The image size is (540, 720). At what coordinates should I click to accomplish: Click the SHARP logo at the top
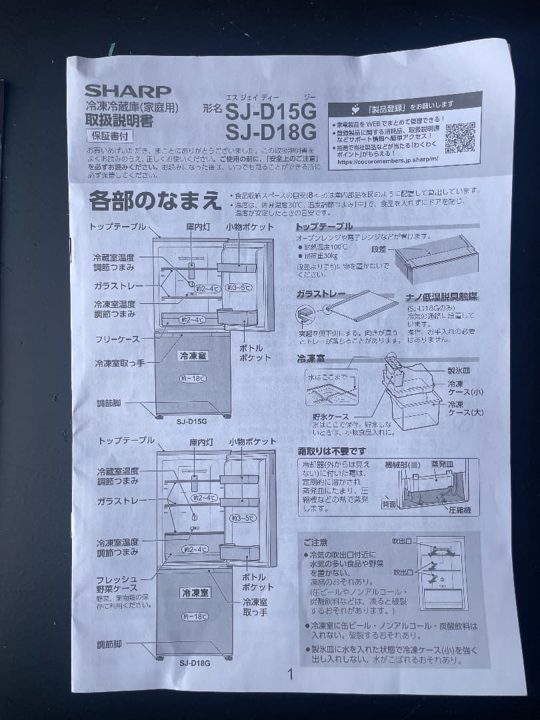[x=127, y=91]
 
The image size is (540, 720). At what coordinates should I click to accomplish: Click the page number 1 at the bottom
[x=290, y=674]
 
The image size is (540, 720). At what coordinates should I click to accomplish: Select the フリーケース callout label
[x=117, y=339]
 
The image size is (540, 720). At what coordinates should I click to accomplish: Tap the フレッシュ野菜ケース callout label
[x=117, y=583]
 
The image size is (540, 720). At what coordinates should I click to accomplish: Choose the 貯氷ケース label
[x=331, y=417]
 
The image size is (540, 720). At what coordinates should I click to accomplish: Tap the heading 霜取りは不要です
[x=331, y=451]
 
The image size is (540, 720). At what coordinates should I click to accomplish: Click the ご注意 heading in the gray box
[x=315, y=543]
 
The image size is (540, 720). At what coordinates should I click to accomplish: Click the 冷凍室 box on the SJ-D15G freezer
[x=193, y=356]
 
